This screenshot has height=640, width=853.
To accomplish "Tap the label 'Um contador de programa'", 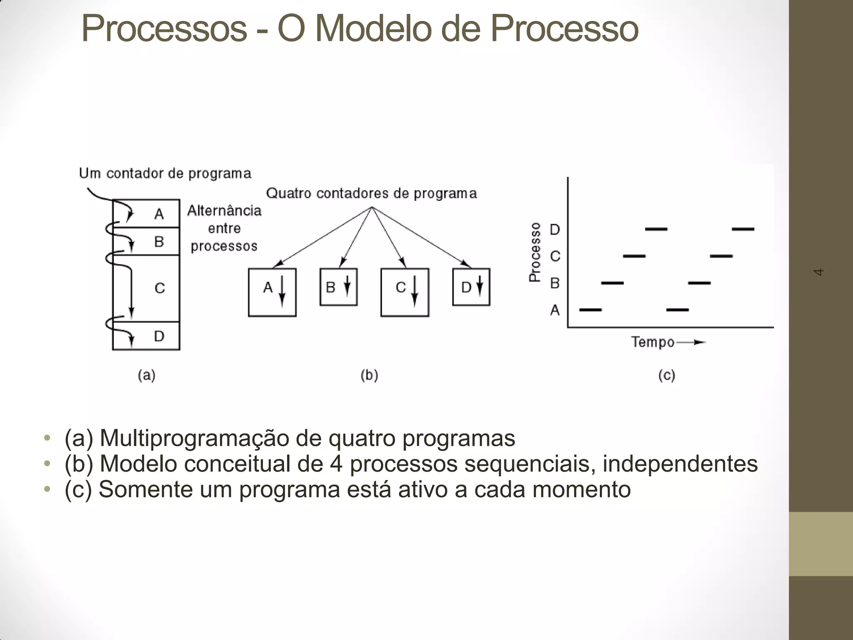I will point(165,173).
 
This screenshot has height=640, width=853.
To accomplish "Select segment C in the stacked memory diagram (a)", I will point(160,288).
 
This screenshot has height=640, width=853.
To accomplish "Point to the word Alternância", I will point(224,211).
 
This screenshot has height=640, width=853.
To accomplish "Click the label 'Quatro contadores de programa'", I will point(371,193).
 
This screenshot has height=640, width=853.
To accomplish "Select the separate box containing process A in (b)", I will point(272,292).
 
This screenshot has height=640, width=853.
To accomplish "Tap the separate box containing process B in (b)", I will point(338,287).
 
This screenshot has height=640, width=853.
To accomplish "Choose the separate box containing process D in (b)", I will point(471,287).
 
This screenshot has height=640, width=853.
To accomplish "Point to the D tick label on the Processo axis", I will point(555,229).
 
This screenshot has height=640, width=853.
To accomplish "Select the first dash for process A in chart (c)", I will point(591,310).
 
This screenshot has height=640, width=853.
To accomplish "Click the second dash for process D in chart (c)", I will point(743,229).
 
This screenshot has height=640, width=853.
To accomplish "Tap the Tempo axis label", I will point(653,342).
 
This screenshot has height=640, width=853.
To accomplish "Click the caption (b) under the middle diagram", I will point(369,375).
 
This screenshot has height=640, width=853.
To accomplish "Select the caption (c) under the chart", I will point(666,375).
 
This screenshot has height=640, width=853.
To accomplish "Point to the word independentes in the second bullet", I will point(680,463).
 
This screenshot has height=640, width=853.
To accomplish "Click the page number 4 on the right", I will point(818,272).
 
